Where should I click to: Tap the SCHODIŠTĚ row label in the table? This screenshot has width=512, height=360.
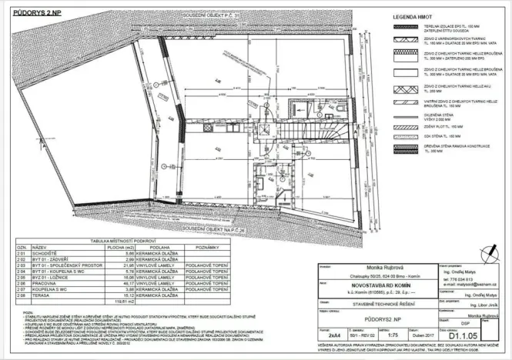[45, 252]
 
